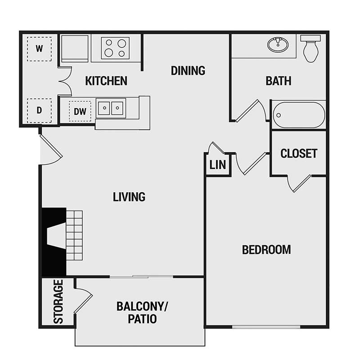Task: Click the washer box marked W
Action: tap(39, 49)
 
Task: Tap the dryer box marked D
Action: tap(39, 110)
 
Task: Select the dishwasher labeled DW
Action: tap(80, 110)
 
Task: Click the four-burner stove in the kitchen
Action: tap(115, 48)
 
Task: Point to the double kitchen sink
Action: tap(111, 108)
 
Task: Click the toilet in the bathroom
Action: tap(311, 49)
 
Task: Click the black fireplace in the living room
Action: tap(54, 241)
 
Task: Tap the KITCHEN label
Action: tap(106, 81)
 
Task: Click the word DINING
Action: tap(188, 71)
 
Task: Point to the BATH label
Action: tap(278, 81)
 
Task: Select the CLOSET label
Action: tap(299, 153)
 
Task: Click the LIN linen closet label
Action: tap(218, 165)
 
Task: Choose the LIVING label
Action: tap(129, 197)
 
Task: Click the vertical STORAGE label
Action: tap(58, 301)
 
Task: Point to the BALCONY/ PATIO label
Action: tap(142, 313)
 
